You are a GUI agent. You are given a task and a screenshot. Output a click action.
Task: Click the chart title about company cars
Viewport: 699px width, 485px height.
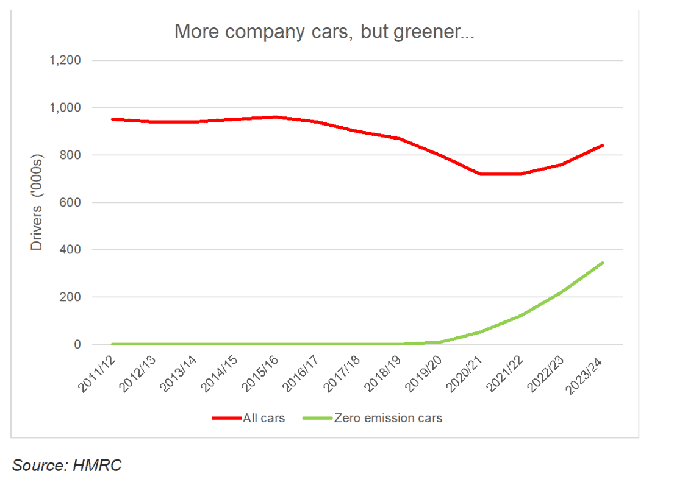click(324, 32)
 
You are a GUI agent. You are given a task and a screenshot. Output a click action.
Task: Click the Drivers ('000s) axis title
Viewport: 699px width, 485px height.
click(37, 202)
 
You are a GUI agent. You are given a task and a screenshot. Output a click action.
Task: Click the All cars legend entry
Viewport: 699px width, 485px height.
click(248, 418)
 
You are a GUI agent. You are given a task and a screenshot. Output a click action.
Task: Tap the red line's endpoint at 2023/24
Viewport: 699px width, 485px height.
click(603, 145)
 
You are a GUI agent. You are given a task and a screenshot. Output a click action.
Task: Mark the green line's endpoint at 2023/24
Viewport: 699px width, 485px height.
click(603, 263)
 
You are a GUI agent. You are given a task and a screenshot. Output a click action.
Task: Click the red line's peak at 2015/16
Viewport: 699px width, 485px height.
click(277, 117)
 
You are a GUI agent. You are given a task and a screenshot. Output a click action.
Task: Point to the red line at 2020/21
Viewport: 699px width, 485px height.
click(481, 174)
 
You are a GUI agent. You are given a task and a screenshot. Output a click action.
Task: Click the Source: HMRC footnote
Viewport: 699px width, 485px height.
click(67, 466)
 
